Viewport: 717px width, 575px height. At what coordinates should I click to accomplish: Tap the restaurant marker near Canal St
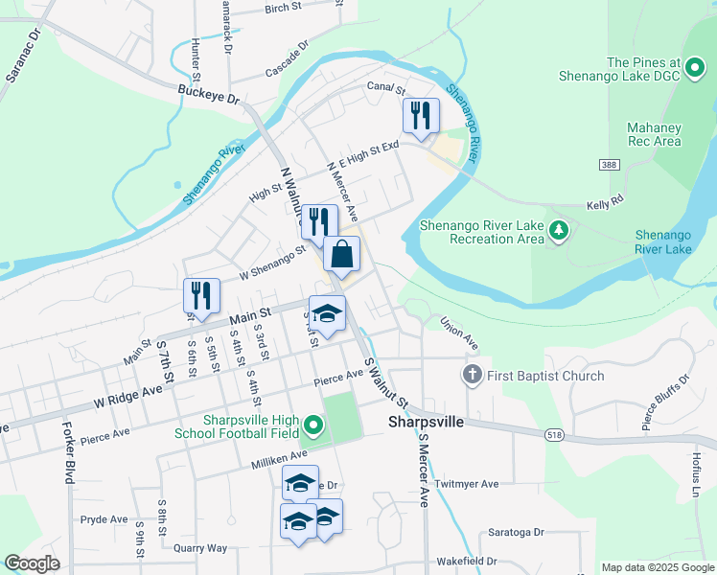421,117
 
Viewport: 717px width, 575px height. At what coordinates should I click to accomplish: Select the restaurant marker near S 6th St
201,297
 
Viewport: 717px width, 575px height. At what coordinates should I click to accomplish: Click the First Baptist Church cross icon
472,376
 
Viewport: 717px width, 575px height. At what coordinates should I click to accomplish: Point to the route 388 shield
606,165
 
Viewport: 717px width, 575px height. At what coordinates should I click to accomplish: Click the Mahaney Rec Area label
654,134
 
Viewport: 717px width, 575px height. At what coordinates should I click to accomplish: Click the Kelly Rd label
604,204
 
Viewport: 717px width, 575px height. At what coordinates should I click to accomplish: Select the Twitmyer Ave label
467,485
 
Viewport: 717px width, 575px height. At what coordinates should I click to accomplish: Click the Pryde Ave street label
104,519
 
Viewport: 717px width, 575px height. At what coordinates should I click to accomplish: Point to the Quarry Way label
200,548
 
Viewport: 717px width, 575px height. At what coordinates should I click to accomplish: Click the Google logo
32,563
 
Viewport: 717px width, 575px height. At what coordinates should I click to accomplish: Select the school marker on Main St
327,315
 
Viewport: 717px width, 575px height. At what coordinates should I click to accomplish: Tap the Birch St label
283,9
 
